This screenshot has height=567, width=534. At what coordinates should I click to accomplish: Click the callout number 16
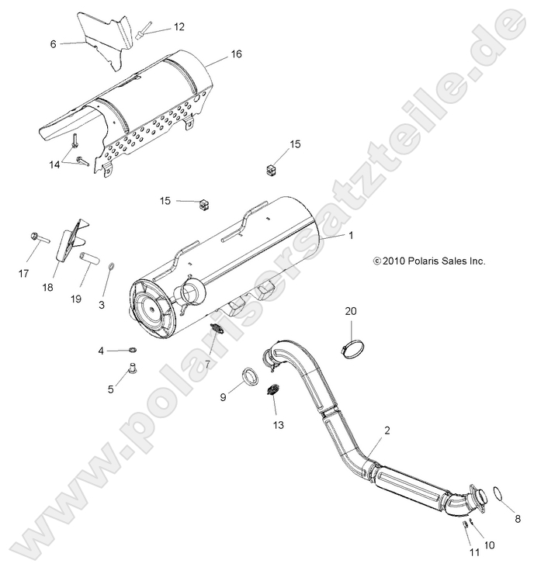[236, 54]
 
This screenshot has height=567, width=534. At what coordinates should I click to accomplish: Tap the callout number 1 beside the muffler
[351, 234]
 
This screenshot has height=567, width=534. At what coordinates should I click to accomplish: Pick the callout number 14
[54, 165]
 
